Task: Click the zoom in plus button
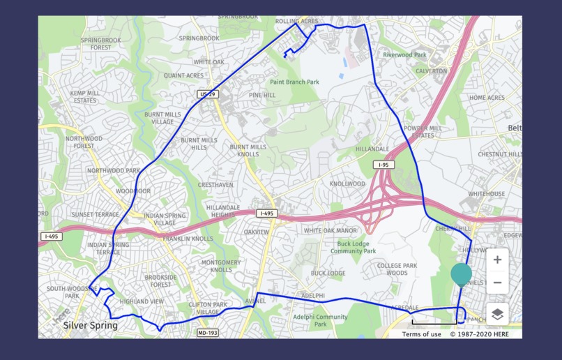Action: [497, 260]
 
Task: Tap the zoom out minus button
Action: [497, 283]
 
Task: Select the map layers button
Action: [497, 314]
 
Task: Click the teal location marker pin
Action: [461, 274]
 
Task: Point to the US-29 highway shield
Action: [206, 93]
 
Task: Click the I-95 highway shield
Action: [383, 165]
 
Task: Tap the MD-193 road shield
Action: [208, 333]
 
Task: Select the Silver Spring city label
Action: [90, 325]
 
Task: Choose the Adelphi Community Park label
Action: [320, 320]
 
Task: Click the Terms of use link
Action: [421, 334]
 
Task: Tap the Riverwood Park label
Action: [404, 54]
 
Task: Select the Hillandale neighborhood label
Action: [372, 149]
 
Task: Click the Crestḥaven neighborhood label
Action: [215, 185]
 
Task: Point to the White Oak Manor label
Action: [330, 231]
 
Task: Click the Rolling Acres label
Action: [296, 22]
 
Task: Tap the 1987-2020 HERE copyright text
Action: [479, 334]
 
